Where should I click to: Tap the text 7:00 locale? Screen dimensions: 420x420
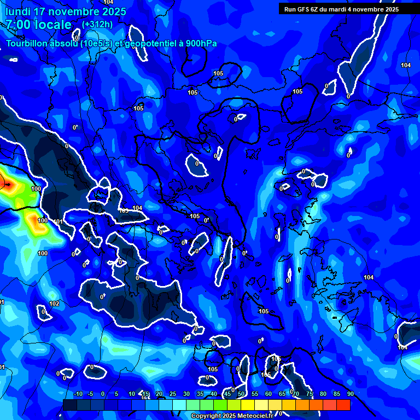(x=38, y=25)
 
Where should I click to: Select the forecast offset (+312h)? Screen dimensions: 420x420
(x=97, y=25)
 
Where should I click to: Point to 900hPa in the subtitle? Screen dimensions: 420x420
(x=201, y=44)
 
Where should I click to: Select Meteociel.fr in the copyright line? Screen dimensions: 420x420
(x=253, y=416)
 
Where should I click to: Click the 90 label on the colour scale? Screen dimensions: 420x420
(x=350, y=394)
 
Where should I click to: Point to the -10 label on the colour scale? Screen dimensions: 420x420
(x=78, y=394)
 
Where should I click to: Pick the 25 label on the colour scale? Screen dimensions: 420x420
(x=173, y=394)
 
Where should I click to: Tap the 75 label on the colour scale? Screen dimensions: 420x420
(x=310, y=394)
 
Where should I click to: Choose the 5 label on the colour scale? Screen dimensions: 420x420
(x=116, y=394)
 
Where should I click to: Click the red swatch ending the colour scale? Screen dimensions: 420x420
(x=343, y=405)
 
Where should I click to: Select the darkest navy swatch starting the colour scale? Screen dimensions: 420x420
(x=69, y=405)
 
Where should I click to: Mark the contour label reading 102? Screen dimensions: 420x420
(x=54, y=304)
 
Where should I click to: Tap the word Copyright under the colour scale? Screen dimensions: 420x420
(x=207, y=416)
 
